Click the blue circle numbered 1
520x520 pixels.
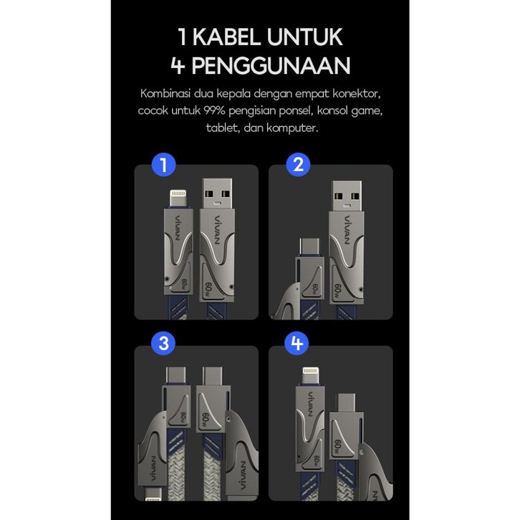(x=163, y=165)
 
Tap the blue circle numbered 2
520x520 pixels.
(x=298, y=165)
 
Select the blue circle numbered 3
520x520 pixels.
(x=163, y=343)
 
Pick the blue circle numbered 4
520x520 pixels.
(x=297, y=343)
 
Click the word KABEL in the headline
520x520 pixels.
(x=226, y=37)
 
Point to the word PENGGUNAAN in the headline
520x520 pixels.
(x=271, y=65)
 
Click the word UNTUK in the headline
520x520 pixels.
(x=305, y=37)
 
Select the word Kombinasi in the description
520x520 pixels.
(x=165, y=94)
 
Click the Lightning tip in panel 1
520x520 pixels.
(x=178, y=198)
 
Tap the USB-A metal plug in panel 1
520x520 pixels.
(x=217, y=194)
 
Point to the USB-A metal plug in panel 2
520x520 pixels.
(x=347, y=196)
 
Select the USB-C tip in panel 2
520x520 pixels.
(x=309, y=247)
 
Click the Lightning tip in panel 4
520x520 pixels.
(x=310, y=376)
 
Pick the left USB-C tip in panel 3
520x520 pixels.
(x=175, y=376)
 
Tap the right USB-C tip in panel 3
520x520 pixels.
(x=213, y=376)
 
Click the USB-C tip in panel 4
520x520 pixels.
(x=347, y=403)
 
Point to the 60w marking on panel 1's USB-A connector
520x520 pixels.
(x=208, y=289)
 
